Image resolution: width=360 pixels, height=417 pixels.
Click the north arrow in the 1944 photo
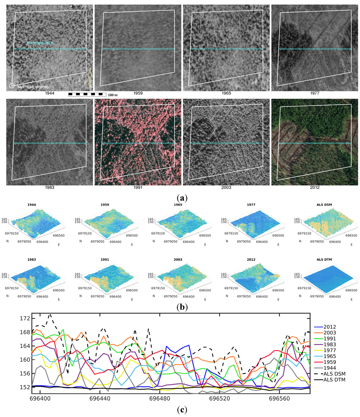pos(90,77)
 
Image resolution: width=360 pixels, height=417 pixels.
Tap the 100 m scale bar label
pos(112,95)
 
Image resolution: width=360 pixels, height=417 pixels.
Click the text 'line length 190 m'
pos(40,43)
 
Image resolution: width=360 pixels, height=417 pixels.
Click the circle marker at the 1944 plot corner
pos(12,86)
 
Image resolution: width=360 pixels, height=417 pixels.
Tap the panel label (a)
pos(182,198)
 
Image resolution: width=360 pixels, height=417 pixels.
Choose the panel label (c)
pos(182,410)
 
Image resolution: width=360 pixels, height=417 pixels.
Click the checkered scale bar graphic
pos(87,94)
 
